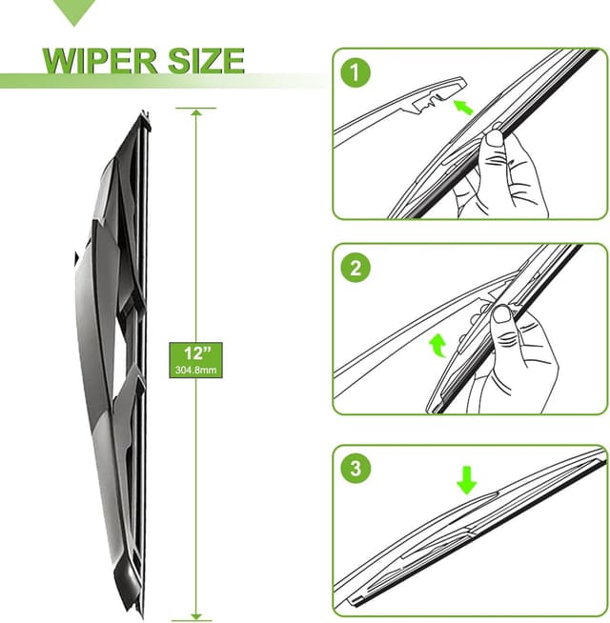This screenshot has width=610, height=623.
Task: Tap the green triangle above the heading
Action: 75,12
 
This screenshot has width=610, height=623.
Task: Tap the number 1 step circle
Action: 356,72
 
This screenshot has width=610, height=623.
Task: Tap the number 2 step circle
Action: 356,270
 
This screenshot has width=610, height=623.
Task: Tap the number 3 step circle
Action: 356,469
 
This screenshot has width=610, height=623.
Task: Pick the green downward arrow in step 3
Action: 466,479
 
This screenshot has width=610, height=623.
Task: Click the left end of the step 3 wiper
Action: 355,601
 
